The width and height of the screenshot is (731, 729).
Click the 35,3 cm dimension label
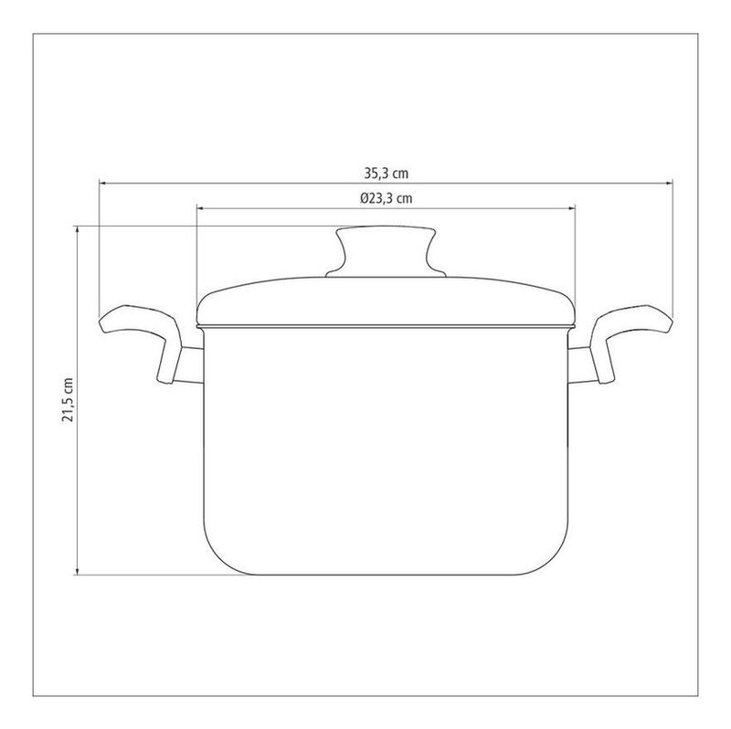pyautogui.click(x=386, y=174)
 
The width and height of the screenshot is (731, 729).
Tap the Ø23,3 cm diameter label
pyautogui.click(x=386, y=198)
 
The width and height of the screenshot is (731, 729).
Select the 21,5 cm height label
pyautogui.click(x=68, y=399)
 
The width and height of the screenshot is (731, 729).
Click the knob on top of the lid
pyautogui.click(x=386, y=252)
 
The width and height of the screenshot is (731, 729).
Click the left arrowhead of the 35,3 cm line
pyautogui.click(x=103, y=184)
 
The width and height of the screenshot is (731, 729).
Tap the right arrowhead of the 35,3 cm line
pyautogui.click(x=669, y=184)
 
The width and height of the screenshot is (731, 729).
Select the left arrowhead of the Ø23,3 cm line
pyautogui.click(x=201, y=208)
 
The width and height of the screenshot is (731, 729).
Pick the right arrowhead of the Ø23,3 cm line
pyautogui.click(x=570, y=208)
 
